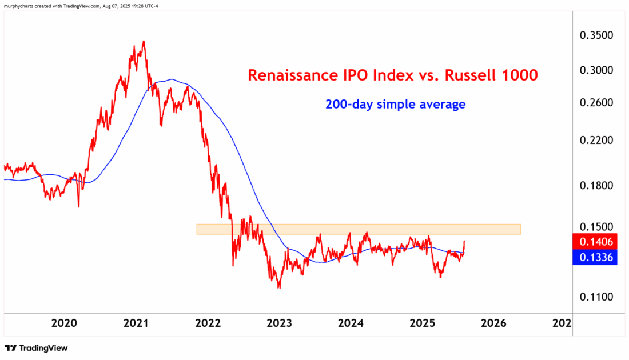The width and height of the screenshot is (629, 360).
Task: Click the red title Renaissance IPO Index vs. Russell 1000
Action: pos(392,75)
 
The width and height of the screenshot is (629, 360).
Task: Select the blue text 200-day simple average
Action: pos(395,105)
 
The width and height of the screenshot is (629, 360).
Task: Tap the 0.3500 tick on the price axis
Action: pos(596,35)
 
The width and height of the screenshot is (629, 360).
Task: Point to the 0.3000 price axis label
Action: pos(596,70)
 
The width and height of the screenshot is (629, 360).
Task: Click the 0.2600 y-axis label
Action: pos(596,103)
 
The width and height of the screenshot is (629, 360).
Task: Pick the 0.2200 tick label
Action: pos(596,141)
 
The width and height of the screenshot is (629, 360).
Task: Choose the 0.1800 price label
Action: pos(596,186)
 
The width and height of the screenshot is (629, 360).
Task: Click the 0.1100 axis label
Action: pos(596,297)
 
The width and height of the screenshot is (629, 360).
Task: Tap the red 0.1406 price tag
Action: pos(596,242)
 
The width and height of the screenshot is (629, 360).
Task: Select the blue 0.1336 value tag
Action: pos(596,258)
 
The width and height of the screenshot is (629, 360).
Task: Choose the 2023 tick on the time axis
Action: pos(280,323)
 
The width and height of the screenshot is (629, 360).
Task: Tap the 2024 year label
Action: pos(351,323)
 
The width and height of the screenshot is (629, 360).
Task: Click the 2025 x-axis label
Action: pos(423,323)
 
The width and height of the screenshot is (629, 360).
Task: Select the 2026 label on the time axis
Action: pos(494,323)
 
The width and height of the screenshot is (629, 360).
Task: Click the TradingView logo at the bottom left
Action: pos(36,348)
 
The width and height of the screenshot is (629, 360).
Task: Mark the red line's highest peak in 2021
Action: pos(144,41)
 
